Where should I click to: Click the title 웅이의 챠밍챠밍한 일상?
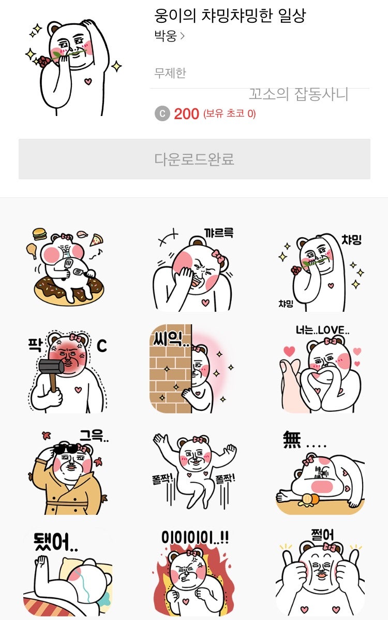coord(230,16)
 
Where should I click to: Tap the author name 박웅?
coord(166,37)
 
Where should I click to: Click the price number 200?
coord(186,113)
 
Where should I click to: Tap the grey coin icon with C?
coord(162,113)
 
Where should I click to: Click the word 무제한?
coord(170,73)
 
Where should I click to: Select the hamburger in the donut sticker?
coord(39,235)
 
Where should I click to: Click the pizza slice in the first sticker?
coord(96,240)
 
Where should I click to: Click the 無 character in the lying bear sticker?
coord(292,440)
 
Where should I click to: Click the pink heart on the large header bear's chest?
coord(87,81)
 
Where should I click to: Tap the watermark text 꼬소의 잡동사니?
coord(298,94)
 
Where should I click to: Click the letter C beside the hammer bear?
coord(102,345)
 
